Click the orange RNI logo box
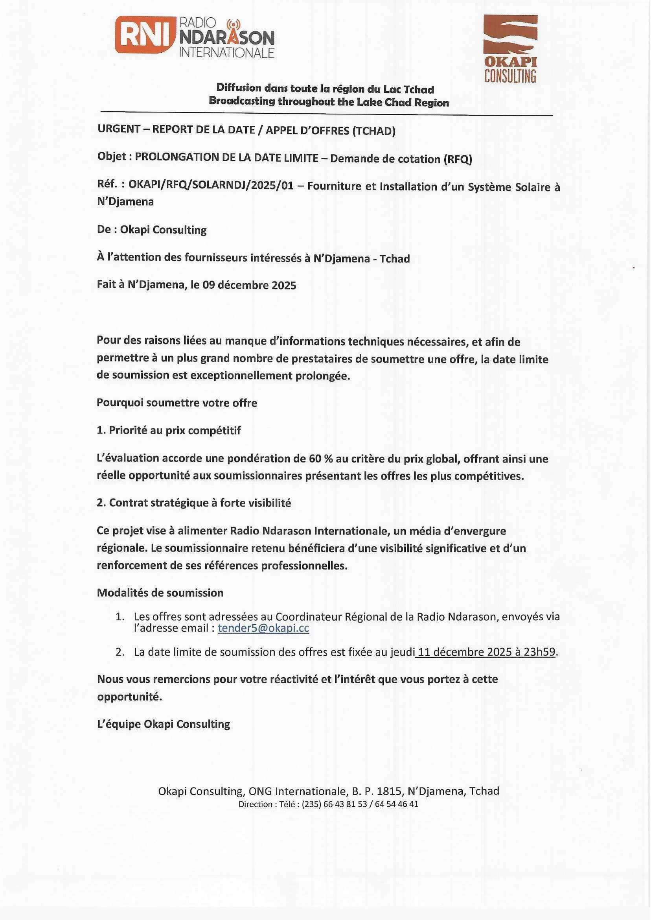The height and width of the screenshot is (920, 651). pos(145,35)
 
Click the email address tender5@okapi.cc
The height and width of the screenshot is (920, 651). pos(263,629)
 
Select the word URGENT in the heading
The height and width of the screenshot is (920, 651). pos(119,129)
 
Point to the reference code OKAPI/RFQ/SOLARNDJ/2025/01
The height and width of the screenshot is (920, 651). pos(211,186)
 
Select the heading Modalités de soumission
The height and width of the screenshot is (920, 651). pos(160,593)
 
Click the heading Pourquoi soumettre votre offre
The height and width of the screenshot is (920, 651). pos(177,403)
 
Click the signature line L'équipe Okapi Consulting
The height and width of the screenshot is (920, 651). pos(164,724)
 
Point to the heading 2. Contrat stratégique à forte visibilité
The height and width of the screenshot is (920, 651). pos(194,503)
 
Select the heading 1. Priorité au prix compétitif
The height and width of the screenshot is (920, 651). pos(169,430)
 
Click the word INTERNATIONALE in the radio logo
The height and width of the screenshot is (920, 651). pos(226,53)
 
